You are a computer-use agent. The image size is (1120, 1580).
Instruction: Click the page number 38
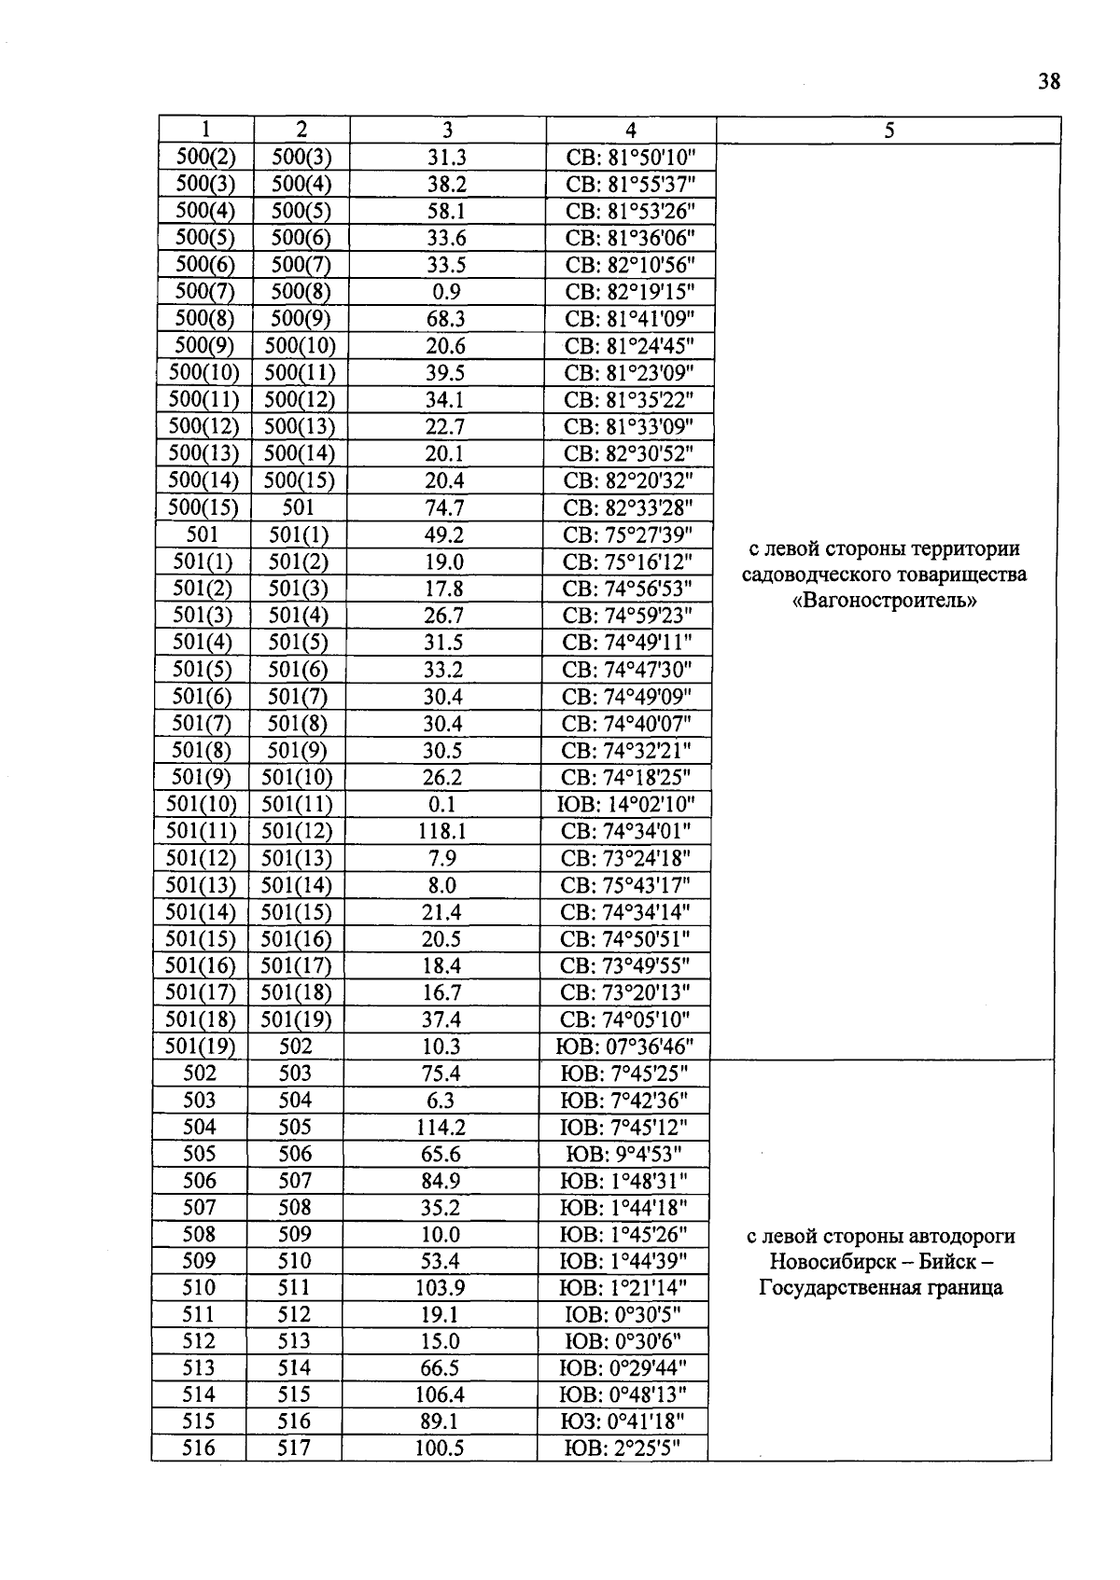pos(1048,82)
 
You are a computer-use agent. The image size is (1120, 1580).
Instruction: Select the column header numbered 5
pos(889,131)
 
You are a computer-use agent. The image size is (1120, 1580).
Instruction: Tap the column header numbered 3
pos(447,131)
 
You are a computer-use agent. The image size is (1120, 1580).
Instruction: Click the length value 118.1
pos(442,831)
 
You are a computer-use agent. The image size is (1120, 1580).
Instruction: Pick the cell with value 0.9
pos(446,291)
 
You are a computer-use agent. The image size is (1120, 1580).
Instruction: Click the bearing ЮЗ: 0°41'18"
pos(623,1421)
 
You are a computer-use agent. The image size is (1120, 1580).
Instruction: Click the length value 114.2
pos(440,1127)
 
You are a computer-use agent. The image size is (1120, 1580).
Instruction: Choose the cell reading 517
pos(294,1448)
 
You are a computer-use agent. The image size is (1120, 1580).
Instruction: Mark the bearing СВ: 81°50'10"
pos(630,157)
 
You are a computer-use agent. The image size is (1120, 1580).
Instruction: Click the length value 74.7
pos(444,507)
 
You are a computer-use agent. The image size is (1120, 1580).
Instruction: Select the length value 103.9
pos(440,1288)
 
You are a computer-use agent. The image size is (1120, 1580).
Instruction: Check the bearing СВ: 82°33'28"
pos(630,507)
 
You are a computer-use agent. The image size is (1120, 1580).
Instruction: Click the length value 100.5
pos(439,1448)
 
